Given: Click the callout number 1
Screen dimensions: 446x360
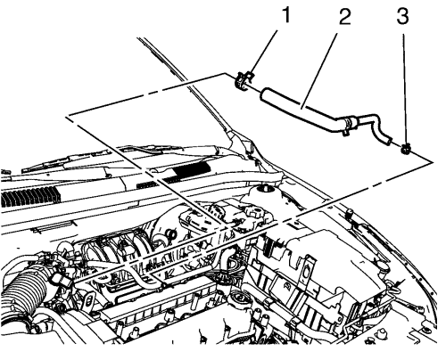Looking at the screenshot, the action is click(x=285, y=15).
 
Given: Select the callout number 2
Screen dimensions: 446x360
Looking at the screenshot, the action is click(x=344, y=17).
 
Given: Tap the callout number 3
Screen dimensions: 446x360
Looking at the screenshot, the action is click(x=403, y=16).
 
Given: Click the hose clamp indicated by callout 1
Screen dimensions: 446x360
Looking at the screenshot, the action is click(x=243, y=80).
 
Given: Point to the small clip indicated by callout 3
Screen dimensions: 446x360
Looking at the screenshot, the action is click(x=405, y=149).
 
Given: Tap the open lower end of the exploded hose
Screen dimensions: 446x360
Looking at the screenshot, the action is click(x=386, y=140).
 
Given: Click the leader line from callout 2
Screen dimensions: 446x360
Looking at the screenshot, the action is click(x=319, y=70).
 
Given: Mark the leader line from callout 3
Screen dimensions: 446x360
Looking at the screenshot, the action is click(x=404, y=88).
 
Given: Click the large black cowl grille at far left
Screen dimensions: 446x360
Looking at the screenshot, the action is click(x=29, y=198).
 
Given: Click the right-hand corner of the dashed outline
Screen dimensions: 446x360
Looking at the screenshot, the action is click(x=432, y=162).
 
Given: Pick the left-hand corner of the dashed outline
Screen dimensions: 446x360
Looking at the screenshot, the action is click(x=67, y=117).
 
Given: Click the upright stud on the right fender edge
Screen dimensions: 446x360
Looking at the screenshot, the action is click(x=349, y=213).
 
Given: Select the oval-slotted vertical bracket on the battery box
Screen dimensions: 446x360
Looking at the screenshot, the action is click(x=307, y=274).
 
